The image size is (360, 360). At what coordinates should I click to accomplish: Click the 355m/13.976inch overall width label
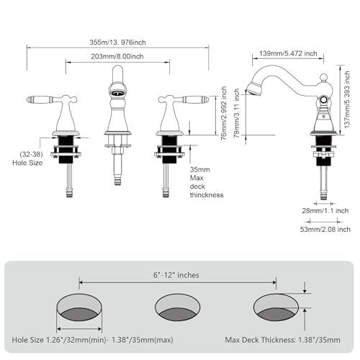(x=117, y=42)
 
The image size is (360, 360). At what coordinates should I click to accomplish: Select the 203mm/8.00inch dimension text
(x=117, y=56)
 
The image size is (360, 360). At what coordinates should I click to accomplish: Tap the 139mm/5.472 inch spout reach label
(x=288, y=53)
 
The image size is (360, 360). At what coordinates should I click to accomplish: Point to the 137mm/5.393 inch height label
(x=347, y=99)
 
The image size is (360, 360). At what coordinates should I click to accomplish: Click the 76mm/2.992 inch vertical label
(x=223, y=113)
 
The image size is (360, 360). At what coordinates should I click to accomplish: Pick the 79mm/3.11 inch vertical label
(x=237, y=113)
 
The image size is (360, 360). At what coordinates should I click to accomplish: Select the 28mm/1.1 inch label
(x=325, y=211)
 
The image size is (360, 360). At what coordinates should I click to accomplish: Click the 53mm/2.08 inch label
(x=325, y=229)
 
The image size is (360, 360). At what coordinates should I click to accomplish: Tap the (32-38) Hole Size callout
(x=29, y=158)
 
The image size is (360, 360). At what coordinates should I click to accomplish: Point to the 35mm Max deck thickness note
(x=207, y=182)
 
